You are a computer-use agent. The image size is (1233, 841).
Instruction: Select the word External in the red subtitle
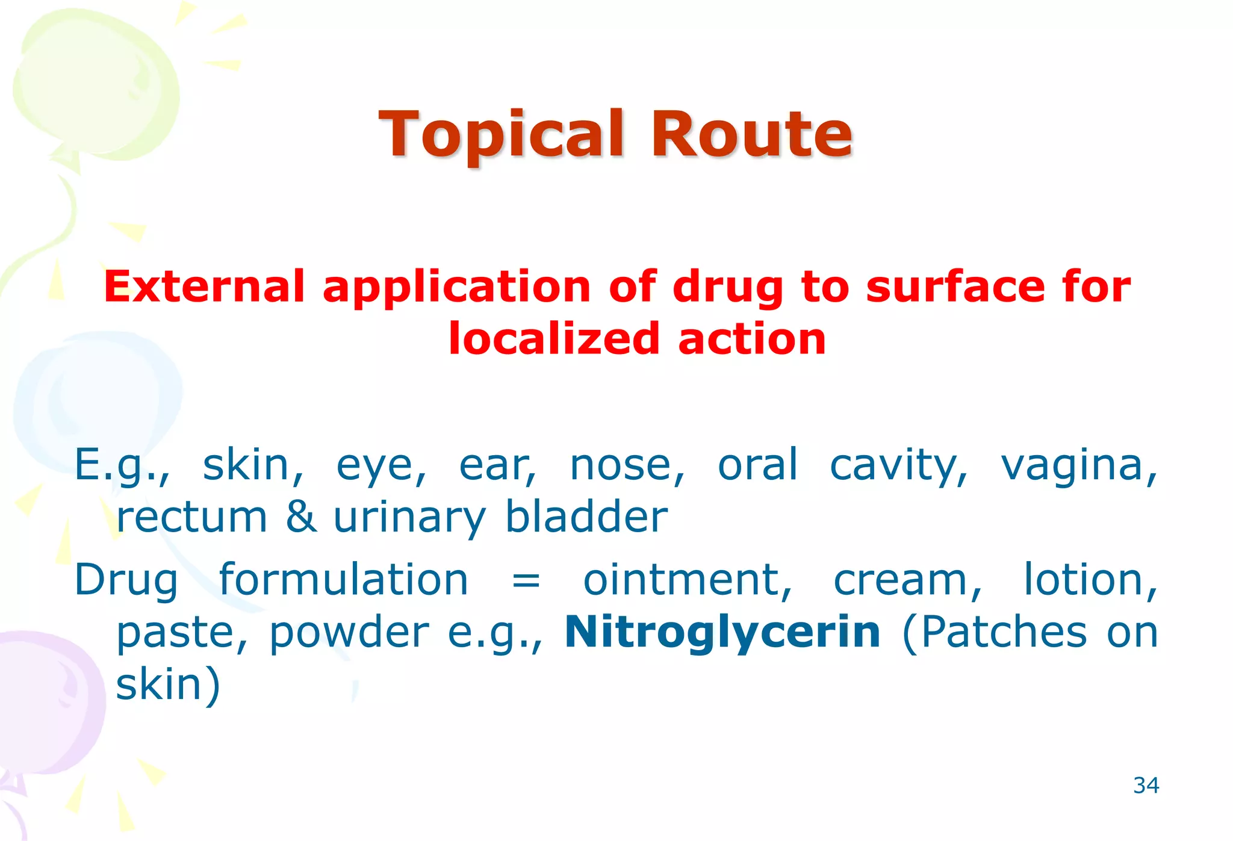(204, 287)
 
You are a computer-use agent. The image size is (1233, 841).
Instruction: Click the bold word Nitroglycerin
(722, 632)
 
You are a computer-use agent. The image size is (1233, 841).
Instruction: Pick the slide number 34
(1146, 786)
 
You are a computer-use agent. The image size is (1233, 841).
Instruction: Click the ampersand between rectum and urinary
(301, 517)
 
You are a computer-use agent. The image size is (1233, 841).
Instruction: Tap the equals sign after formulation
(526, 580)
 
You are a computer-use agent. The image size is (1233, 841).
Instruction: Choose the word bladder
(586, 517)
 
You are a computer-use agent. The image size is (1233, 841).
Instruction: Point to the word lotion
(1090, 580)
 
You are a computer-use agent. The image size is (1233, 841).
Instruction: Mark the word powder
(349, 633)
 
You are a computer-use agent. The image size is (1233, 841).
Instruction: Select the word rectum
(191, 517)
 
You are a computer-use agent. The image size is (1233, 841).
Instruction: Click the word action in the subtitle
(752, 339)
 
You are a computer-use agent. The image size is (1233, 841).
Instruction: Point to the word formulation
(343, 580)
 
